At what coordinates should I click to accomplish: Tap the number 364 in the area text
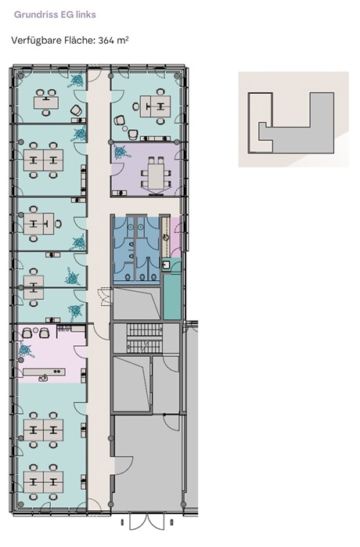105,41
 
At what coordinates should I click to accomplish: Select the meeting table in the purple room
156,173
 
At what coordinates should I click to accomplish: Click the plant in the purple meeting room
121,151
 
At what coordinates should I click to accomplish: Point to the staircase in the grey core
145,338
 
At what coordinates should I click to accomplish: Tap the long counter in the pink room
45,372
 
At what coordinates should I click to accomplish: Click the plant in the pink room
26,350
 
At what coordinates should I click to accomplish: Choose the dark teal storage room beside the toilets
172,296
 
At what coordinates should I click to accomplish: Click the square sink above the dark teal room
166,265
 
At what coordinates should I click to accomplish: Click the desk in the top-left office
46,103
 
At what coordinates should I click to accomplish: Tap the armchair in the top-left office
76,111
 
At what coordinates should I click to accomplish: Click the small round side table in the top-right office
125,129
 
